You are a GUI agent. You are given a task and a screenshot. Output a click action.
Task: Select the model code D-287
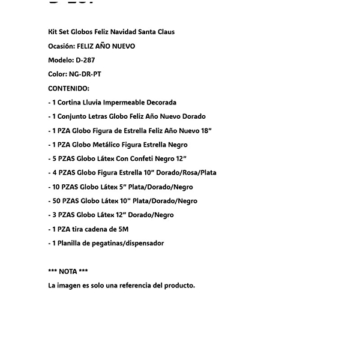click(x=85, y=60)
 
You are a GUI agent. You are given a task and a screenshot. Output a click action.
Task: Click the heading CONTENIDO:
click(x=68, y=88)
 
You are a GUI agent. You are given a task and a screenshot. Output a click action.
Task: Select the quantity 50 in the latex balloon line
click(x=56, y=201)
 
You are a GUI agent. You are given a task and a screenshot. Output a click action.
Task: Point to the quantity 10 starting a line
click(x=56, y=187)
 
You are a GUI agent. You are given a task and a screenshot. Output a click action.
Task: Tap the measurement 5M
click(x=123, y=229)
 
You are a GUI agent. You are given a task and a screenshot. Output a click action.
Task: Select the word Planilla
click(x=71, y=243)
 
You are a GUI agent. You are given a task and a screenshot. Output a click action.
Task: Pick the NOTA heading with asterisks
click(x=68, y=271)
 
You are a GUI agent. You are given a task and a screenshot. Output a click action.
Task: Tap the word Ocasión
click(x=62, y=46)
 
